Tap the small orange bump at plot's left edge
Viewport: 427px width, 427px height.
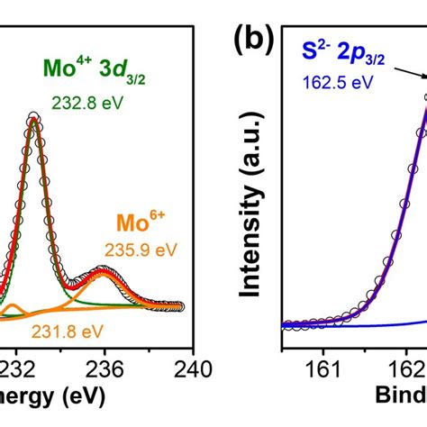12,309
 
